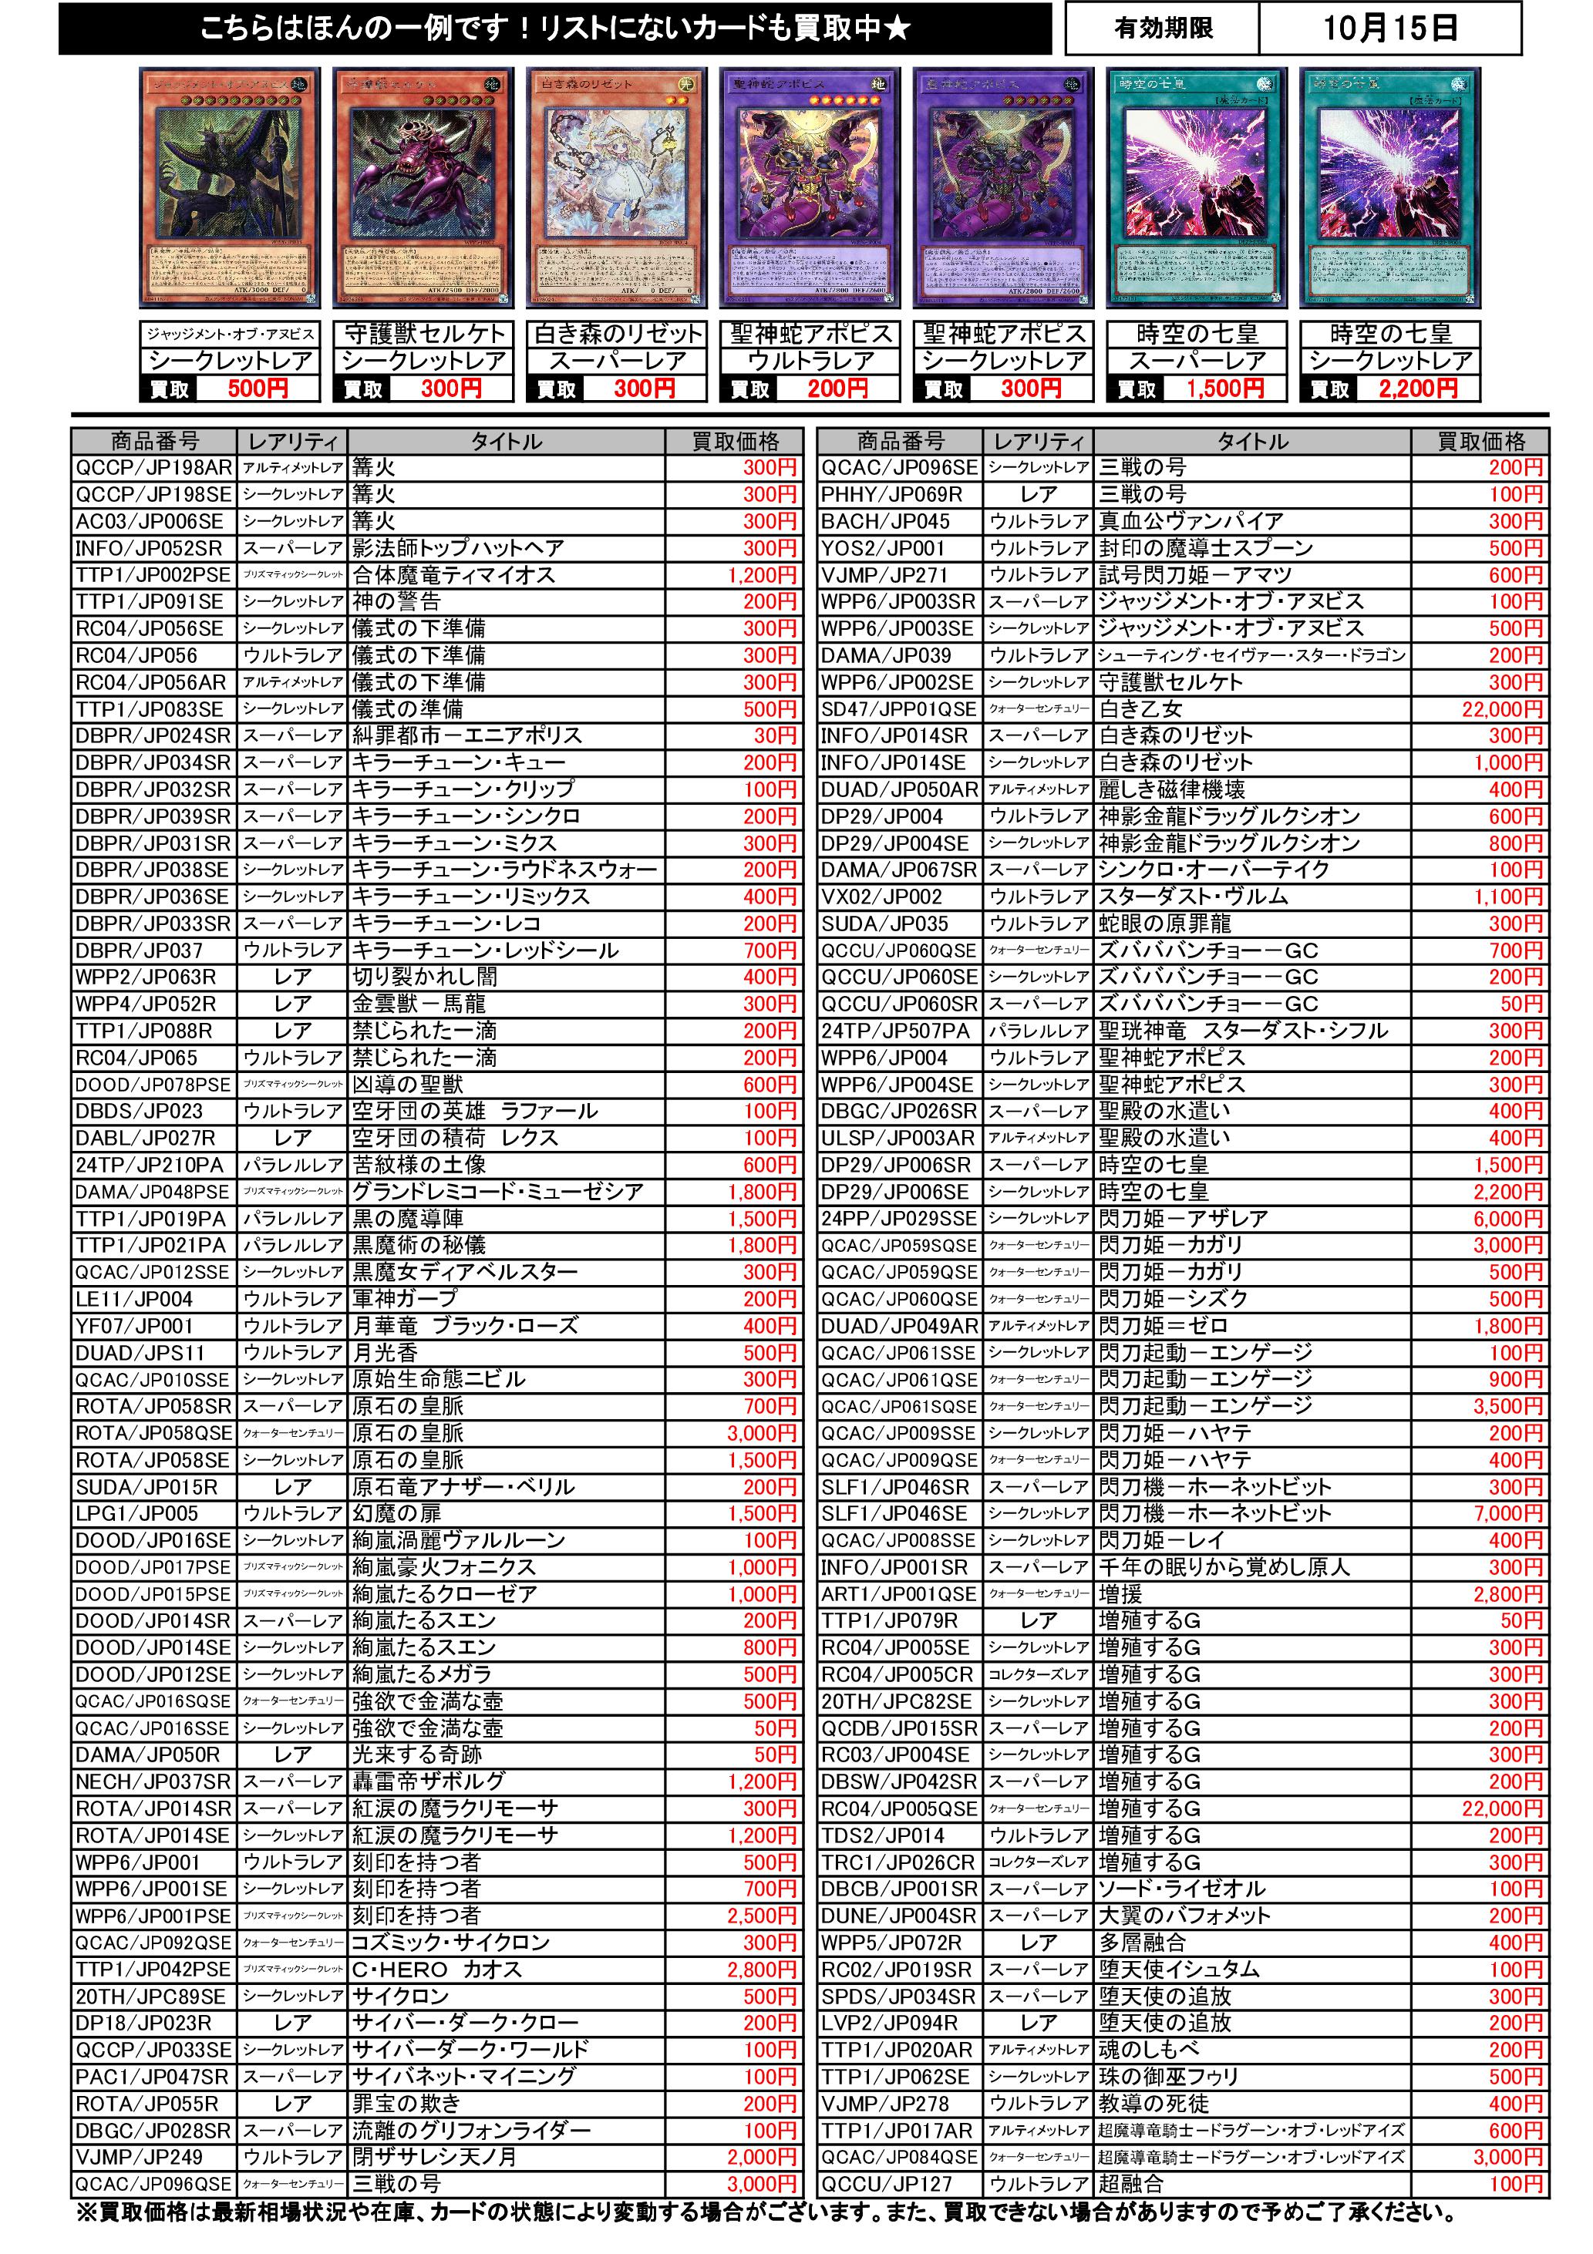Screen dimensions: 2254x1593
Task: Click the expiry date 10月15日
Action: pos(1389,29)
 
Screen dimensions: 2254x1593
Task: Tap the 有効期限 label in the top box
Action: pos(1163,29)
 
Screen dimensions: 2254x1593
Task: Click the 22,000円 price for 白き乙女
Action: pos(1502,708)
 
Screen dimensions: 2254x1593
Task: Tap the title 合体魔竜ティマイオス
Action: pos(453,575)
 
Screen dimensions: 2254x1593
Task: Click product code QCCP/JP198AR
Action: pos(154,468)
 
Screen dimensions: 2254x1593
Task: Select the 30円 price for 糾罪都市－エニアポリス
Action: pos(775,735)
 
